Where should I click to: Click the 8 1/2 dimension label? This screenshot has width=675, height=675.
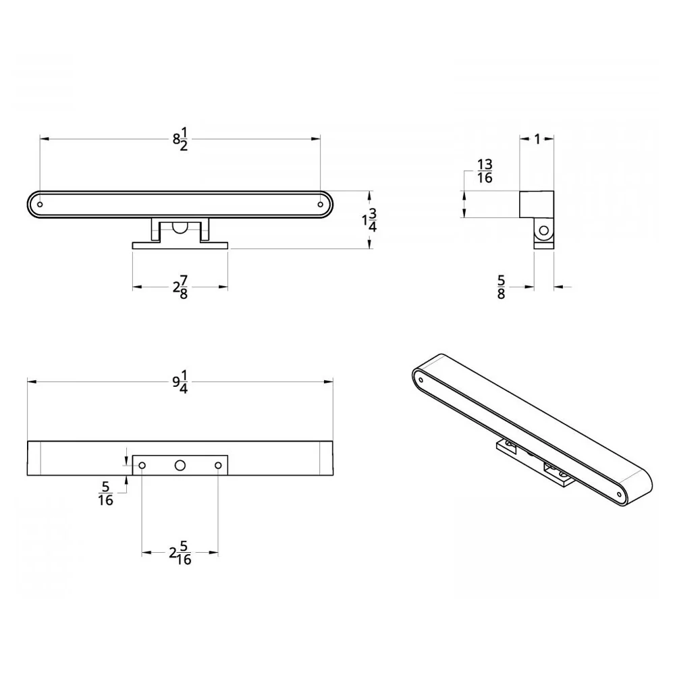pos(181,139)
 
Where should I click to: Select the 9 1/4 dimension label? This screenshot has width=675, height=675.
pos(181,382)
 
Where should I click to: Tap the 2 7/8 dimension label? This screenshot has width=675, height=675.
pos(181,287)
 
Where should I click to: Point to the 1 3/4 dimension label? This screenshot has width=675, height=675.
pos(370,221)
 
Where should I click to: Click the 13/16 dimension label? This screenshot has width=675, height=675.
pos(485,171)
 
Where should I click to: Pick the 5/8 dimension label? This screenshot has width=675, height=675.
pos(501,287)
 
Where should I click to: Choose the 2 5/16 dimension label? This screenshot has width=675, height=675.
pos(180,553)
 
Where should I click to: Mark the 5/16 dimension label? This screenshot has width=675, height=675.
pos(105,494)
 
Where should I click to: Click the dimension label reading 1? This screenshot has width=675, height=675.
pos(537,139)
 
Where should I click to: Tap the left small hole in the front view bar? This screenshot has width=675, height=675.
pos(40,205)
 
